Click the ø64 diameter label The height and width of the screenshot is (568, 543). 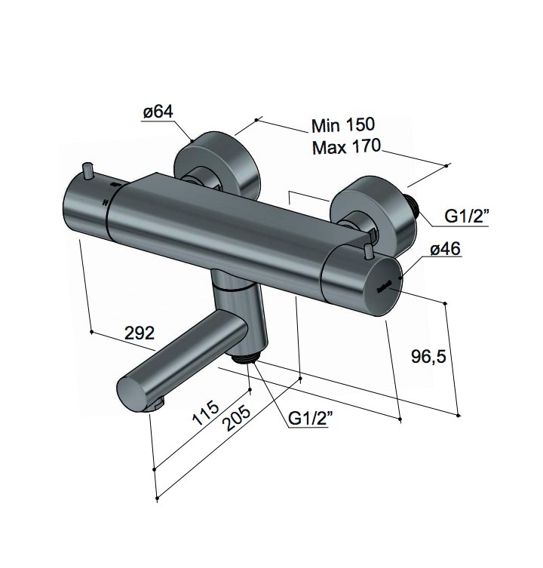coord(158,112)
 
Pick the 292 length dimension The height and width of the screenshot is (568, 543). coord(139,333)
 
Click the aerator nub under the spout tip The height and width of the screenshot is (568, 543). coord(156,405)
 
